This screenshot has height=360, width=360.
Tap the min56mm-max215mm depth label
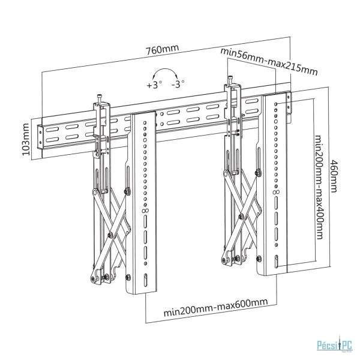click(269, 61)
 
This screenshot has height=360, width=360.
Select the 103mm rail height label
click(26, 139)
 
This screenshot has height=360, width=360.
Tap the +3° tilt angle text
click(154, 85)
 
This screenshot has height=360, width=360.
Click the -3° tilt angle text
click(178, 85)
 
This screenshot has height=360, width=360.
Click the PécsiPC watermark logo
click(334, 344)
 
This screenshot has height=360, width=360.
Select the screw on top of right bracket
click(230, 79)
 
